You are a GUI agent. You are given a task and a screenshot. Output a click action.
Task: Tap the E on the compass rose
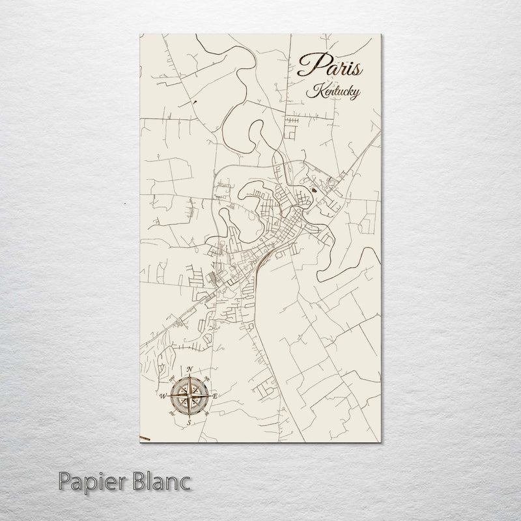(216, 397)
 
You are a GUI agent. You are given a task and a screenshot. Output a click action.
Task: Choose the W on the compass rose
(162, 395)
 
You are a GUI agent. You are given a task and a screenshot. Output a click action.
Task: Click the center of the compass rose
(190, 396)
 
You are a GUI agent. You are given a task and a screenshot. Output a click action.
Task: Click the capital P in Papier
(63, 483)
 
